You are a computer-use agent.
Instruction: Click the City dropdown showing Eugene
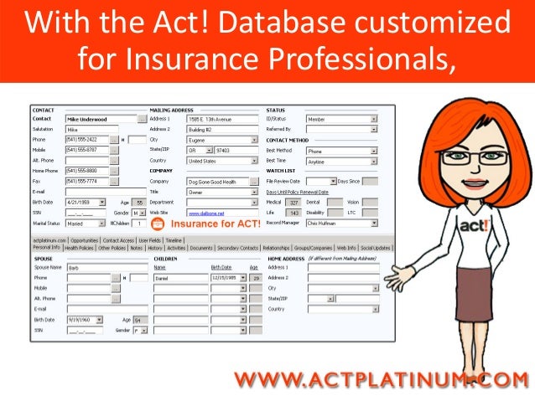pyautogui.click(x=221, y=140)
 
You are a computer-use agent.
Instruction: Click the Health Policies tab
pyautogui.click(x=79, y=248)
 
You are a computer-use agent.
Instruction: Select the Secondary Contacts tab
pyautogui.click(x=237, y=248)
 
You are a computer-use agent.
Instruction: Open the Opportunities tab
pyautogui.click(x=90, y=239)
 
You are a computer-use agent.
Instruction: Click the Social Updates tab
pyautogui.click(x=376, y=248)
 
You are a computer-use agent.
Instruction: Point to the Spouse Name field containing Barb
pyautogui.click(x=88, y=267)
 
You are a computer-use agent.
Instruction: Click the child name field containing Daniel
pyautogui.click(x=180, y=277)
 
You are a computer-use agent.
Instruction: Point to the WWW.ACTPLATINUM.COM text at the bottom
pyautogui.click(x=382, y=380)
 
